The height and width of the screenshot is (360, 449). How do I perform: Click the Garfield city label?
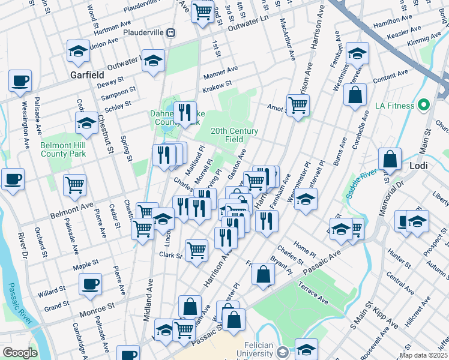87,76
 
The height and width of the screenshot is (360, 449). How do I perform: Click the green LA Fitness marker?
424,106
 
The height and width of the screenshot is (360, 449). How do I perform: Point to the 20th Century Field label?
234,135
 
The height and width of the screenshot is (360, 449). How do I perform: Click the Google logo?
20,353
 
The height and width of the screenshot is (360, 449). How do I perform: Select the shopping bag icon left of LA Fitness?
355,95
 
